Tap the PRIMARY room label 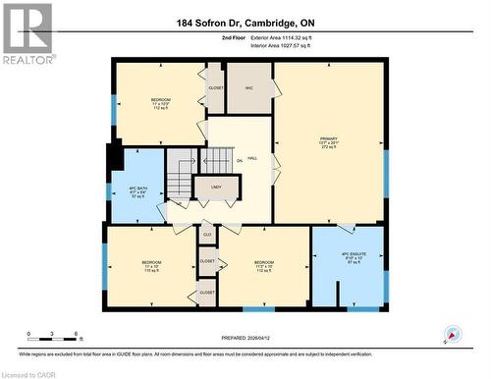[x=328, y=138]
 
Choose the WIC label [x=249, y=87]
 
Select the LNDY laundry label [x=215, y=186]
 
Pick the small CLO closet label [x=207, y=234]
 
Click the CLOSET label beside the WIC [x=216, y=87]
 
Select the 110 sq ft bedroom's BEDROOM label [x=151, y=262]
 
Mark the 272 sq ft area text [x=328, y=149]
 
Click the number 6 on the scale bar [x=77, y=335]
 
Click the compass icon [x=452, y=335]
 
